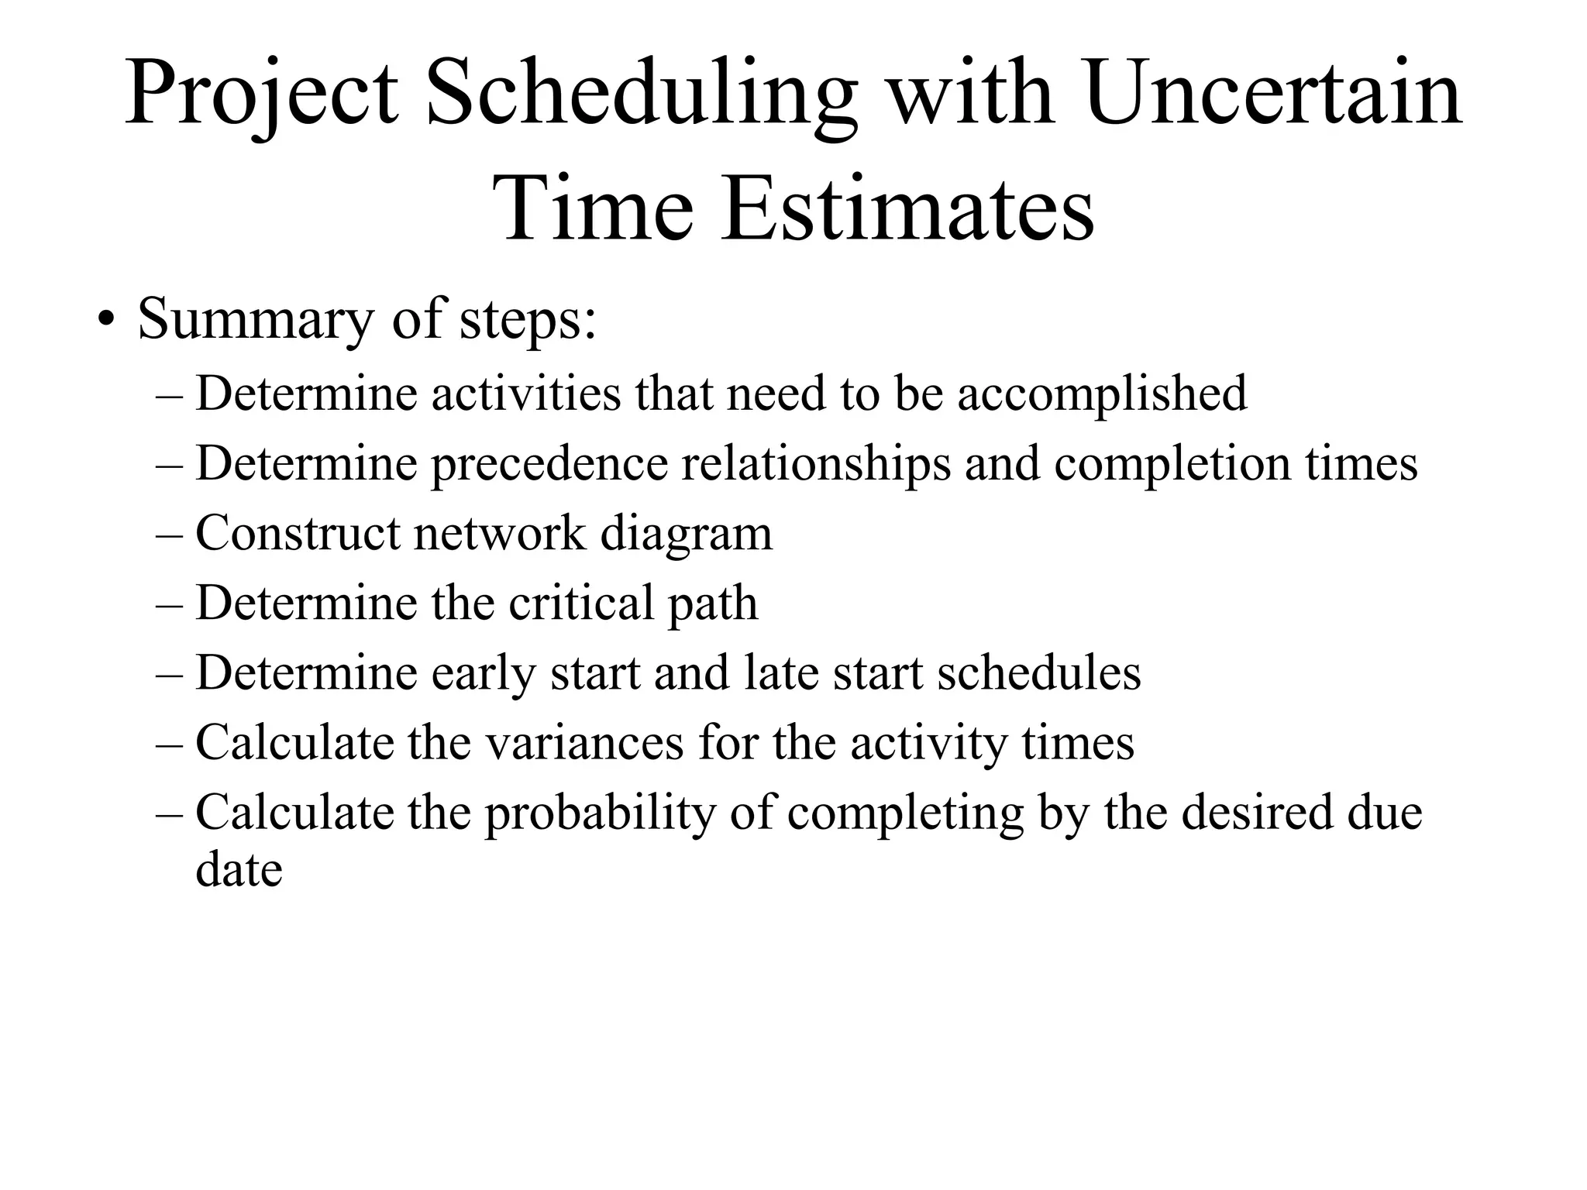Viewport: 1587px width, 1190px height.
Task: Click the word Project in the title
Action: [262, 95]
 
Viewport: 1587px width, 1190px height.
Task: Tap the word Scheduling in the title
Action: [642, 95]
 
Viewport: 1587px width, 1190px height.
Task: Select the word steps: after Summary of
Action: [528, 319]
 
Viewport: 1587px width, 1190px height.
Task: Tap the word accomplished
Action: [1102, 394]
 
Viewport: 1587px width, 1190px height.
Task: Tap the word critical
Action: [582, 603]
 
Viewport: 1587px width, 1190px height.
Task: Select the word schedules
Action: [1038, 672]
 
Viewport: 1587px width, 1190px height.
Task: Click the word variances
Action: [585, 742]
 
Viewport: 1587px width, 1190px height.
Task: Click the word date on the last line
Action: [239, 869]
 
